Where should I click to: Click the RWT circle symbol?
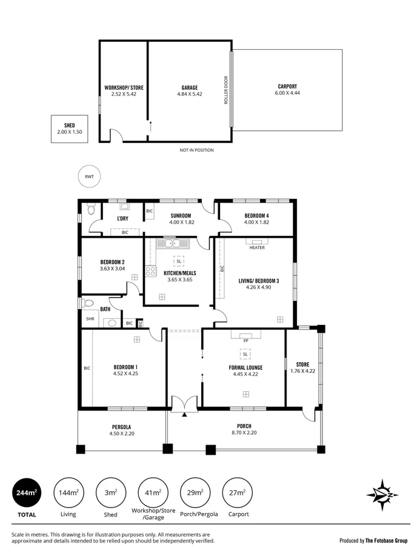90,177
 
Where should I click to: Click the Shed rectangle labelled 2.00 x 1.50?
69,129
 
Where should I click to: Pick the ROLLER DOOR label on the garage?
226,90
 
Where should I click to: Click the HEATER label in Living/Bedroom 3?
256,247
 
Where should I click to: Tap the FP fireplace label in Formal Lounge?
245,341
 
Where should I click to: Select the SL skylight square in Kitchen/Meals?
178,261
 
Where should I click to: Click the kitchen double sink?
173,244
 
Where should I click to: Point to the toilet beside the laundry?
90,210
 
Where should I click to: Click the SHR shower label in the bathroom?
90,318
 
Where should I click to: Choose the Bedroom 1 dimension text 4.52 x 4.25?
126,374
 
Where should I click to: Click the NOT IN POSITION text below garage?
196,150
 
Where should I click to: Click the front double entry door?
184,403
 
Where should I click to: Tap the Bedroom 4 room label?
256,216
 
